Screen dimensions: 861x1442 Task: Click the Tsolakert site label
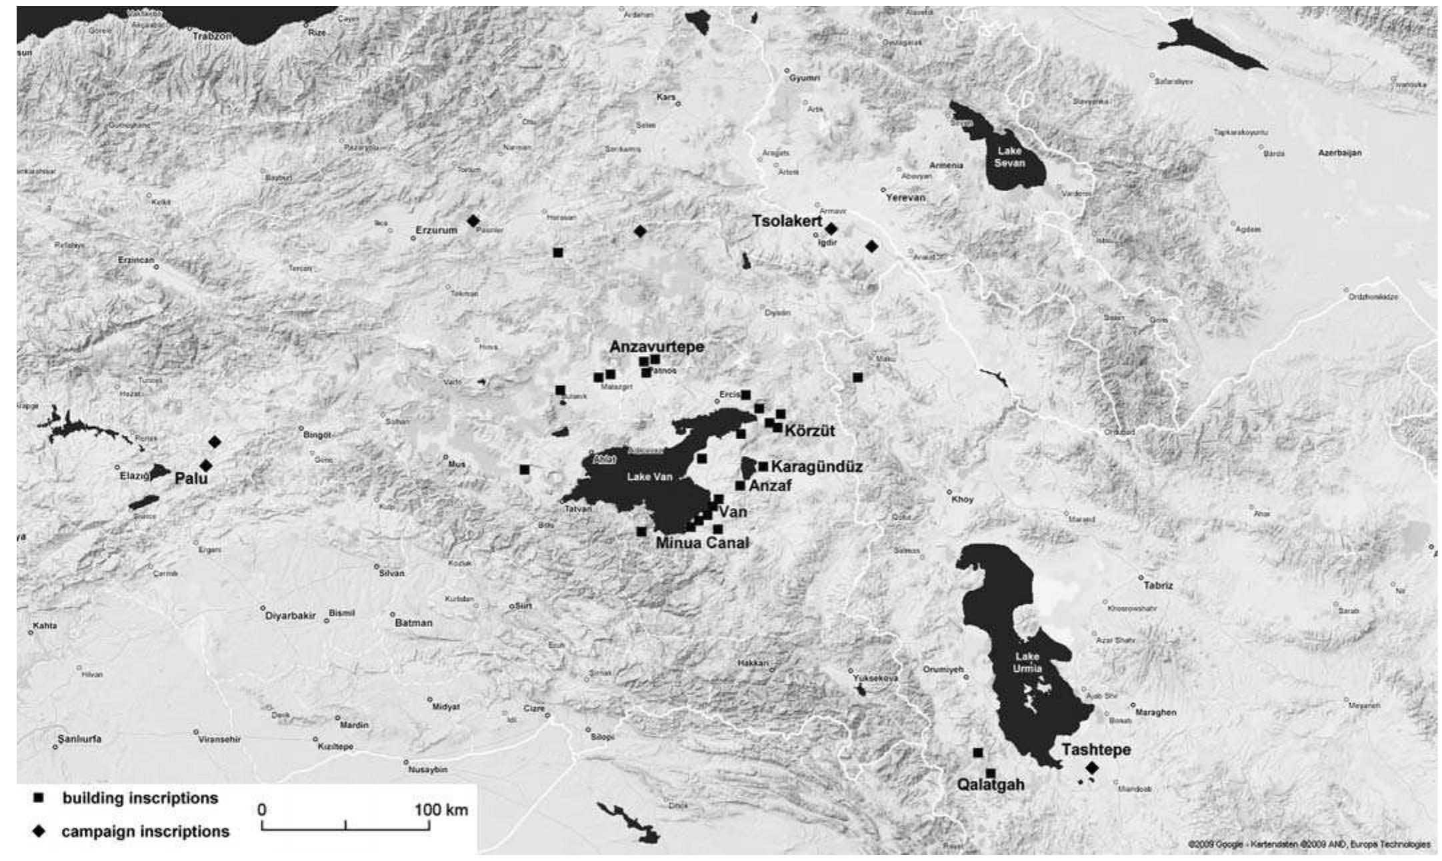coord(787,221)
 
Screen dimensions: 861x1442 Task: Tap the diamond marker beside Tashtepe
coord(1091,768)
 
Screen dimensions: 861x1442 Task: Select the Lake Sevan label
coord(1009,157)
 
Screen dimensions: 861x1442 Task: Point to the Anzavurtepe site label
coord(657,347)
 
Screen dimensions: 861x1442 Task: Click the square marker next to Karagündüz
coord(763,466)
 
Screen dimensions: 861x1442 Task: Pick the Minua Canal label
coord(702,543)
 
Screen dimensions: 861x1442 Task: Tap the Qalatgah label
coord(990,784)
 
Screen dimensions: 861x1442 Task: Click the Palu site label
coord(191,478)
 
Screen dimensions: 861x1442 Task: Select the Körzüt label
coord(809,431)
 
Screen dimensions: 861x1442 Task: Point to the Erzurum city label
coord(437,230)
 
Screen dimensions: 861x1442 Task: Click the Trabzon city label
coord(212,36)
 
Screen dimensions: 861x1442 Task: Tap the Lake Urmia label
coord(1027,662)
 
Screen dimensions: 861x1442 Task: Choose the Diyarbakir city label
coord(290,616)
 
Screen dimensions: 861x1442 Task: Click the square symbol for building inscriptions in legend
coord(39,798)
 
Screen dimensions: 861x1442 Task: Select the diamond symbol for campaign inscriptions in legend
coord(39,832)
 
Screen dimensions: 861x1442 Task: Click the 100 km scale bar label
coord(441,810)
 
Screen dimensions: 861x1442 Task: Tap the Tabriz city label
coord(1158,586)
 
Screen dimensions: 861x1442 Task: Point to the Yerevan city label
coord(905,198)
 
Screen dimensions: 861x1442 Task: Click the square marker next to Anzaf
coord(740,486)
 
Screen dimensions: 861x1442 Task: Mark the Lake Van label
coord(649,477)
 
